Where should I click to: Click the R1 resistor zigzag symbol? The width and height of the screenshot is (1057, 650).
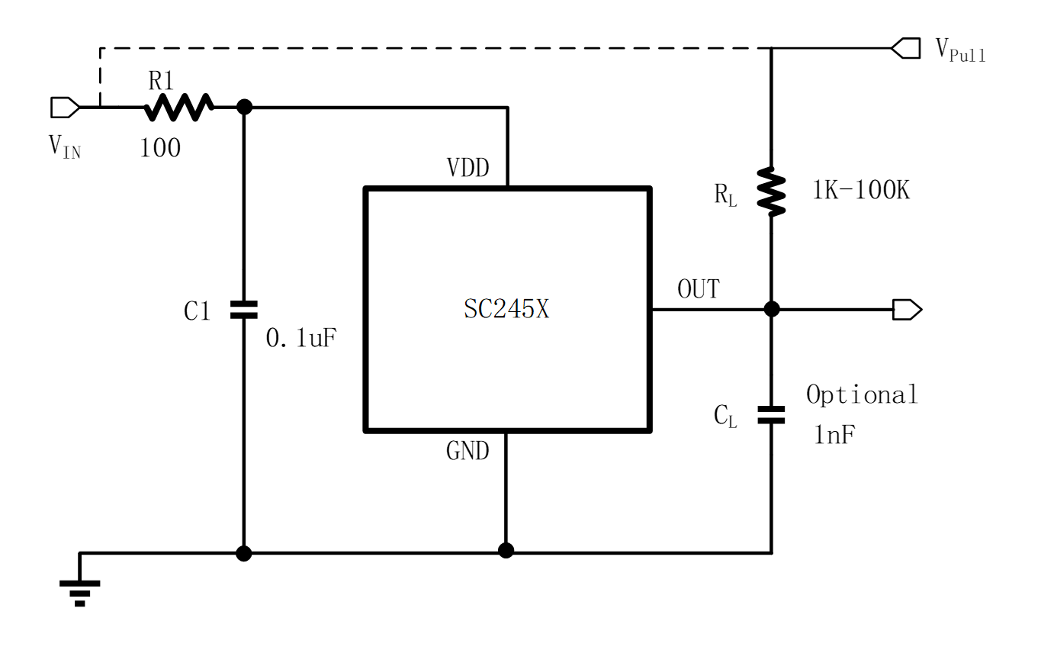click(x=179, y=107)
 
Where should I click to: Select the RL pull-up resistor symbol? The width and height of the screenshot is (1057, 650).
click(x=771, y=191)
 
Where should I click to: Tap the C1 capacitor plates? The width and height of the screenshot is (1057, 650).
click(x=244, y=309)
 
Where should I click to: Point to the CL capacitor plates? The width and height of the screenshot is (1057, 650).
click(x=771, y=414)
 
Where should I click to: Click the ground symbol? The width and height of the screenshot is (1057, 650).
click(x=79, y=592)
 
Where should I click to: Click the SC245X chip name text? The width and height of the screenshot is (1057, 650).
click(x=506, y=309)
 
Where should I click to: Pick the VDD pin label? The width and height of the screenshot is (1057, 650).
click(x=467, y=168)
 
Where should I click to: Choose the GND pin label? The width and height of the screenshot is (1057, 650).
click(x=467, y=451)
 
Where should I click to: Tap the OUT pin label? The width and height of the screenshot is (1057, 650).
click(x=698, y=290)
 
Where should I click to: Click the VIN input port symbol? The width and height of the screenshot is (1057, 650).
click(x=65, y=108)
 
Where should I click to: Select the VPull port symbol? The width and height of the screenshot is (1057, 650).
click(x=906, y=49)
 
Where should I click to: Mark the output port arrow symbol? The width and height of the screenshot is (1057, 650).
click(x=908, y=309)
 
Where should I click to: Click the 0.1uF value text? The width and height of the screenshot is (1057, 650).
click(x=300, y=338)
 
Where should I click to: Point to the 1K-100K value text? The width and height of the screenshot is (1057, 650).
click(x=861, y=190)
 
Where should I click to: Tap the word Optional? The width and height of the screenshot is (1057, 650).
click(x=862, y=394)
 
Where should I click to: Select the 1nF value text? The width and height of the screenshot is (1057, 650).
click(x=834, y=436)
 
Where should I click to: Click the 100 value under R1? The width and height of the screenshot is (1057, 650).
click(x=160, y=148)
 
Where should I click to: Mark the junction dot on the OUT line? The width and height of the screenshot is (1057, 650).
click(x=771, y=309)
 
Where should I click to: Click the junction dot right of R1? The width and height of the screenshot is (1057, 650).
click(x=244, y=107)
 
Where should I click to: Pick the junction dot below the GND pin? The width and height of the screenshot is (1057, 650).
click(x=506, y=551)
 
